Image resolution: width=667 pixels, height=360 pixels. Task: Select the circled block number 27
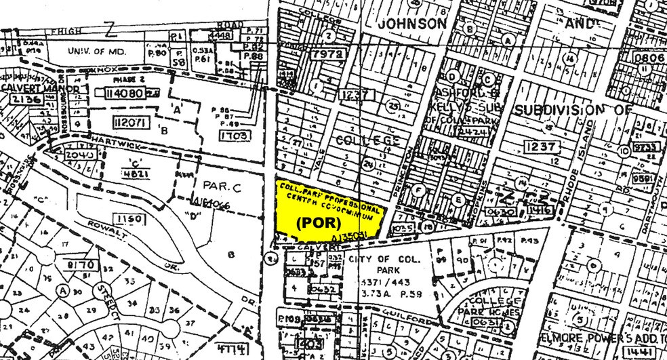point(296,143)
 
